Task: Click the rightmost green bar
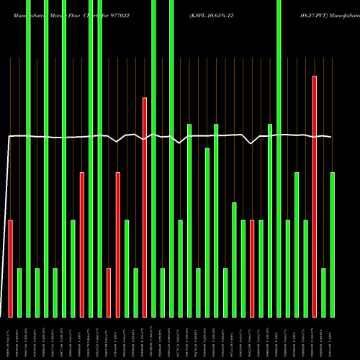[332, 245]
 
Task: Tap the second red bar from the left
[82, 245]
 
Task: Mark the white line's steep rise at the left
[6, 216]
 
